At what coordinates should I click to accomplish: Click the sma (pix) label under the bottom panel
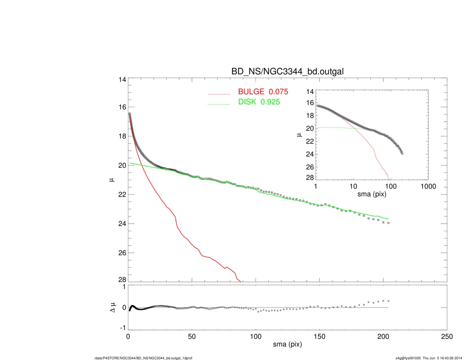(287, 345)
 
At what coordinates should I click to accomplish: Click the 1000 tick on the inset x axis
(428, 187)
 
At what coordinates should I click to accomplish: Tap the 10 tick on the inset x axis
(353, 187)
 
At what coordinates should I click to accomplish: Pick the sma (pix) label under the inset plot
(372, 194)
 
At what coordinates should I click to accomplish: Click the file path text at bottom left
(144, 358)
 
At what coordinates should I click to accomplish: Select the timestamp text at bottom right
(429, 358)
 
